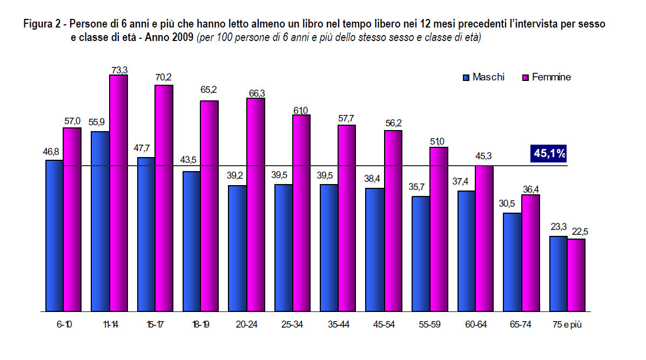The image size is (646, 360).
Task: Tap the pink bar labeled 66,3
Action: tap(256, 205)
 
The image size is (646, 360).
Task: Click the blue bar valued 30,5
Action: tap(513, 262)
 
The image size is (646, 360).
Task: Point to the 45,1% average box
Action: tap(549, 154)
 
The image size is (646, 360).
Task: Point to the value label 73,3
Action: tap(119, 70)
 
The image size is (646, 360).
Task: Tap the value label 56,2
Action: tap(393, 124)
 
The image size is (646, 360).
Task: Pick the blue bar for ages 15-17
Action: tap(146, 235)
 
